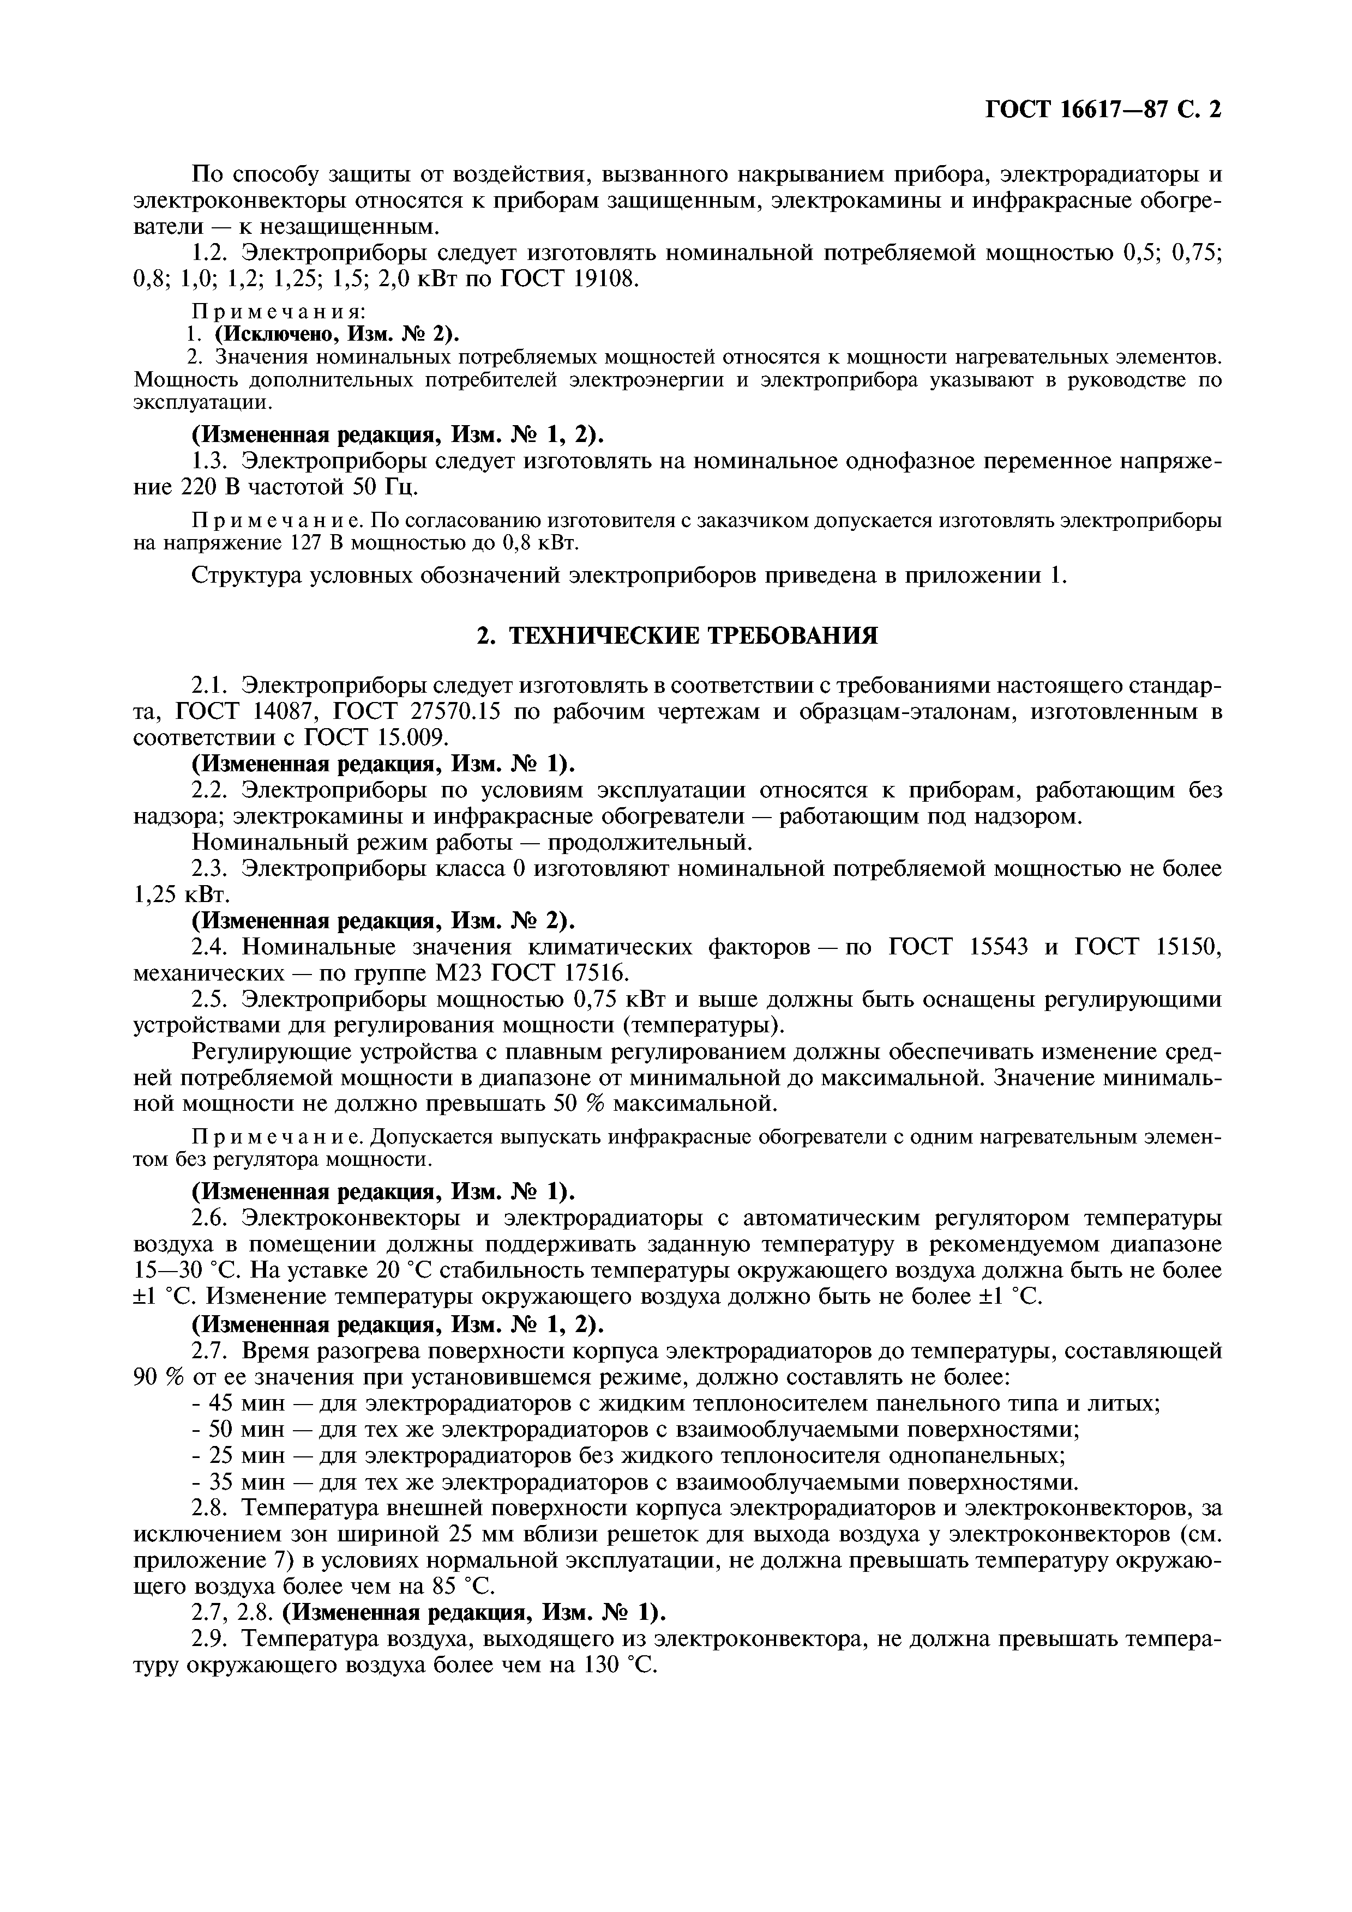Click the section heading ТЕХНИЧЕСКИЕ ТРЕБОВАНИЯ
pos(693,636)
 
